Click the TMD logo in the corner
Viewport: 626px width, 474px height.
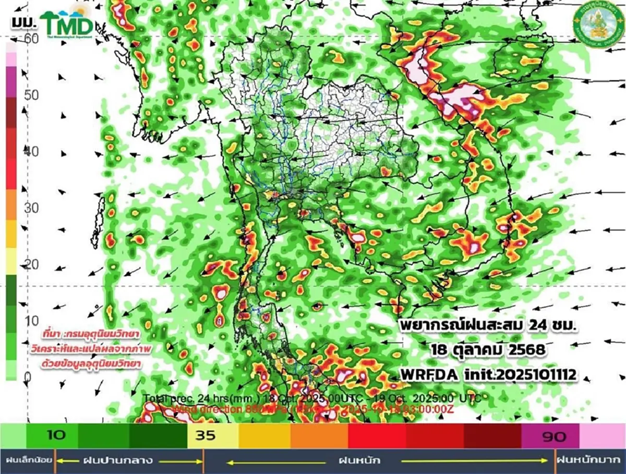(67, 23)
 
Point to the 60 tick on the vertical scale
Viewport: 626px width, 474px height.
(31, 39)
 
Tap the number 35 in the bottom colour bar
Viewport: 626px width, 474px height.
(205, 435)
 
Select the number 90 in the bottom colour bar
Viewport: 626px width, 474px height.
(555, 436)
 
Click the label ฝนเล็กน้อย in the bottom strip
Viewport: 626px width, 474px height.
(29, 461)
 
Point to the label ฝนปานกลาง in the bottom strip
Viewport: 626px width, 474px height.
(117, 461)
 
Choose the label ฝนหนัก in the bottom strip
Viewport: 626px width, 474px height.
(358, 461)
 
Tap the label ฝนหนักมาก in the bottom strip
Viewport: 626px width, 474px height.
(589, 461)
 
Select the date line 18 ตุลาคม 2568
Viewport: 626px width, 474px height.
(488, 350)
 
